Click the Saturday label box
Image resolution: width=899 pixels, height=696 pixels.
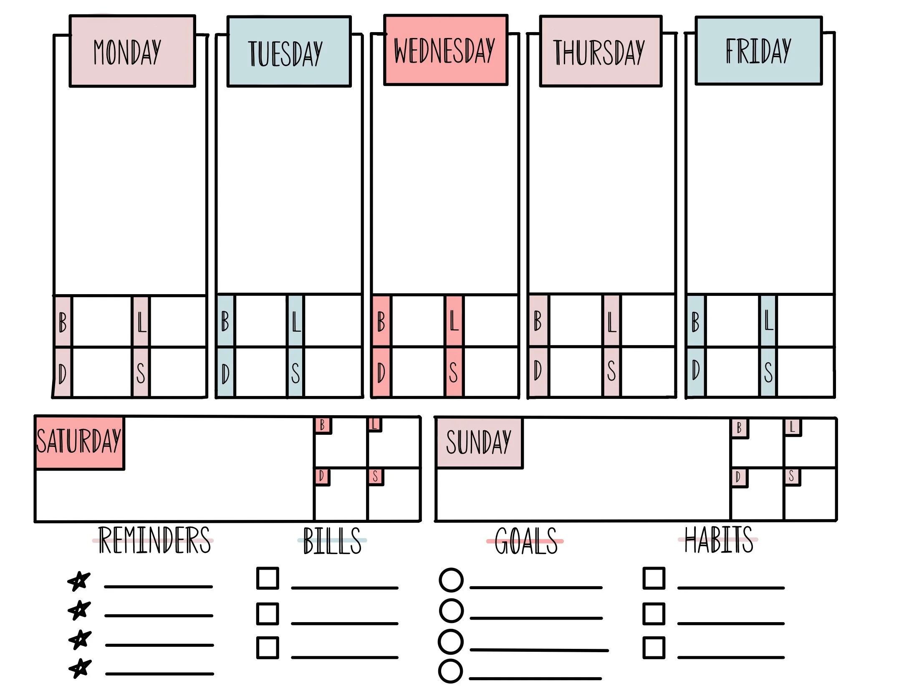[x=79, y=442]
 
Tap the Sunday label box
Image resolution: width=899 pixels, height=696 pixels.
[x=479, y=443]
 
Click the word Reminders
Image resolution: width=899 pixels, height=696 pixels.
[x=154, y=540]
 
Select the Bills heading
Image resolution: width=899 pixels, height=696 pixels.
[x=332, y=541]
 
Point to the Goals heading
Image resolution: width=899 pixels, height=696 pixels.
[x=526, y=541]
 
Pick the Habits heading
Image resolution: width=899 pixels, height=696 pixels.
[x=719, y=540]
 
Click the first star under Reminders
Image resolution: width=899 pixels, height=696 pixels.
[x=79, y=580]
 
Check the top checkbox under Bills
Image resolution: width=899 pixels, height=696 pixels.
[x=268, y=578]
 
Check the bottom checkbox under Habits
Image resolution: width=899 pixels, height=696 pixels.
[x=654, y=648]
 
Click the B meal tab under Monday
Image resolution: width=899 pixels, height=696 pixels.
[x=63, y=321]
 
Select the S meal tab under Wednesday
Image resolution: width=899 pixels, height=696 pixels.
[x=454, y=372]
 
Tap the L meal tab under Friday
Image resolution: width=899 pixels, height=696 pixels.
[x=768, y=321]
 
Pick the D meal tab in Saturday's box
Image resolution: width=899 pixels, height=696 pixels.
[x=321, y=476]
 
